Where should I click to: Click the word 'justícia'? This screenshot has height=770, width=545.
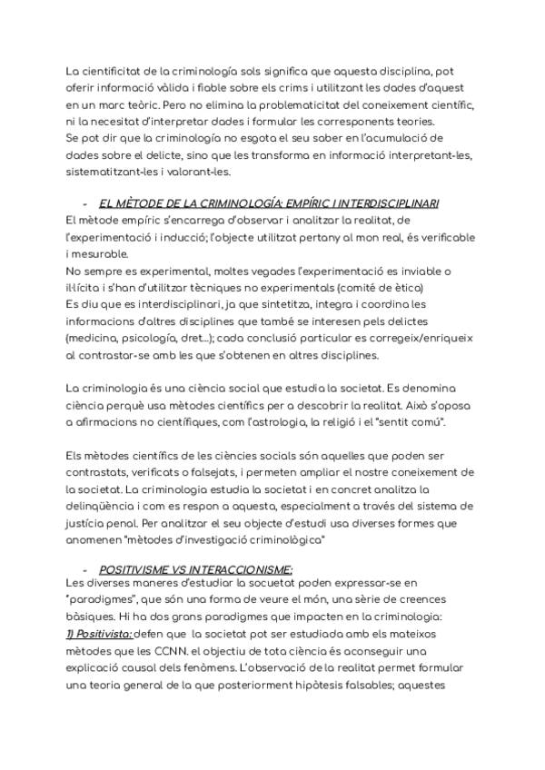tap(90, 524)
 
